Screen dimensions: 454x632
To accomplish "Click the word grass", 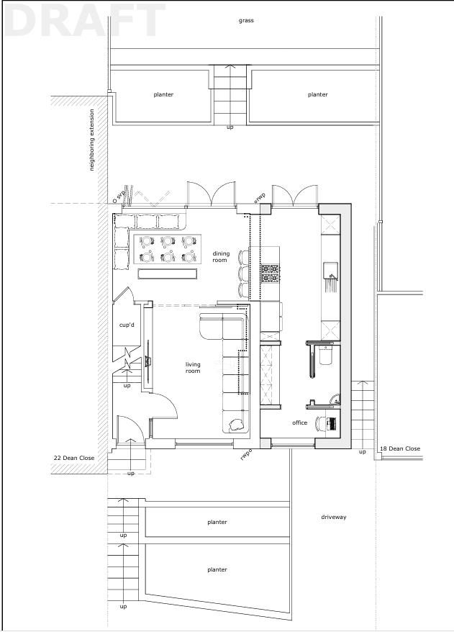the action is coord(246,21).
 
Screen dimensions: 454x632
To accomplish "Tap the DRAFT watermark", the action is coord(86,20).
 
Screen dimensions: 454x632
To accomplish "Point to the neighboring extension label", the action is coord(92,140).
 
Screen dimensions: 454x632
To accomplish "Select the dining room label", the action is coord(220,257).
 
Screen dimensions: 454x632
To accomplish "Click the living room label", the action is coord(193,368).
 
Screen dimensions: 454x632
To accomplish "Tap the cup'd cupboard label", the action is coord(127,325).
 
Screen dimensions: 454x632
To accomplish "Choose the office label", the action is coord(300,423).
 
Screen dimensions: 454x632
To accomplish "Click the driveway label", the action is coord(334,517).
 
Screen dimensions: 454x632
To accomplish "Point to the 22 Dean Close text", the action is coord(74,458).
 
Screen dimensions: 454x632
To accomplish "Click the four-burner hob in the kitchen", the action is coord(271,273).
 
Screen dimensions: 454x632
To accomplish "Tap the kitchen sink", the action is coord(330,271).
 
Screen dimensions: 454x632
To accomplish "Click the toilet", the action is coord(325,356).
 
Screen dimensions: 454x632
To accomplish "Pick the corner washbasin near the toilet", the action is coord(335,399).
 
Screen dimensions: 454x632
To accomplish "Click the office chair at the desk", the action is coord(320,424).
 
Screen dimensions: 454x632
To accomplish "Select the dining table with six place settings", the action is coord(167,248).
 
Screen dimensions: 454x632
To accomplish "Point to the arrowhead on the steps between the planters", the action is coord(230,68).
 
